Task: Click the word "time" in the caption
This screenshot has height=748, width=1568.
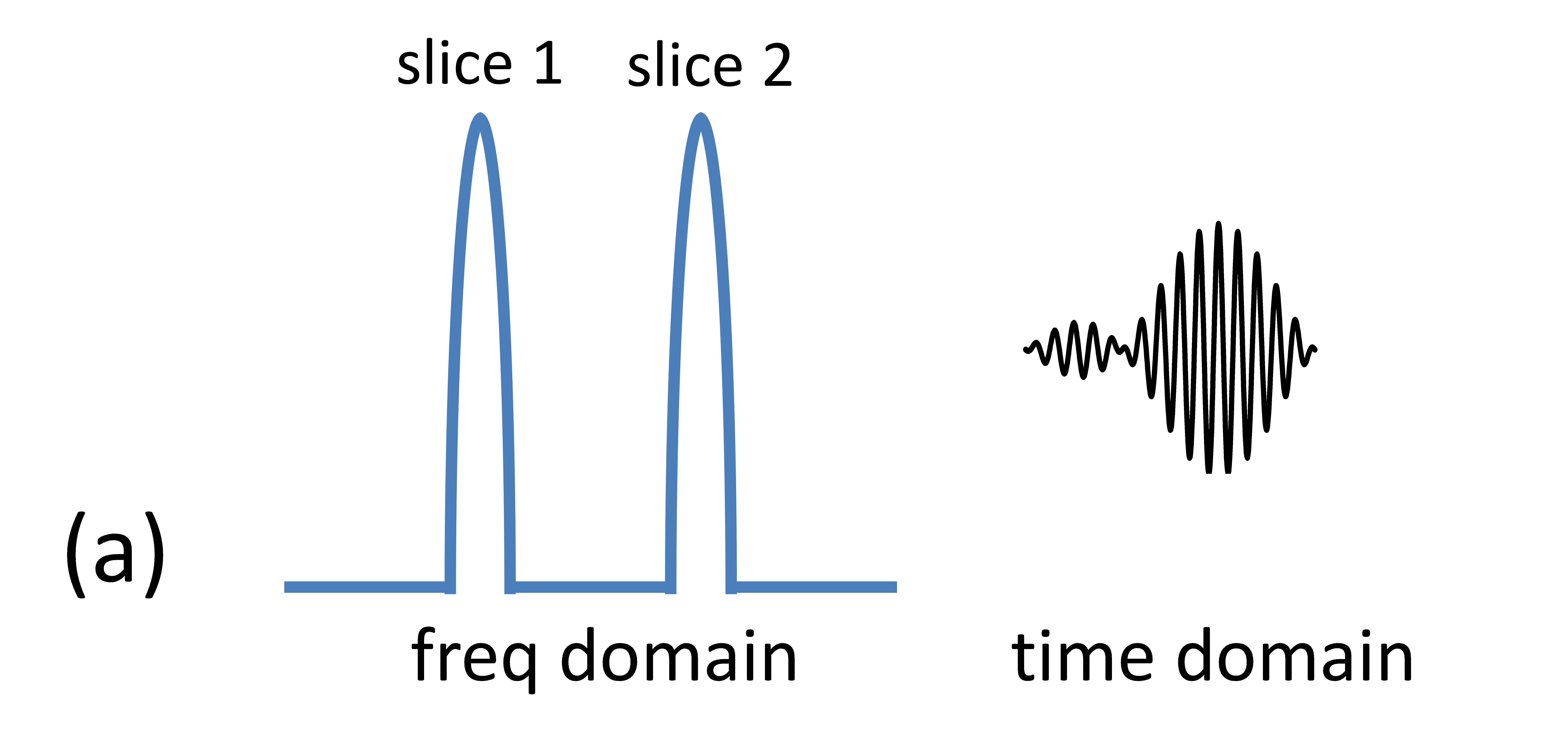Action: pos(1082,657)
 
